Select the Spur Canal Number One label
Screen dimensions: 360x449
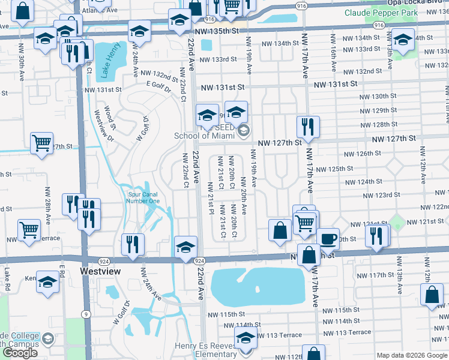pyautogui.click(x=143, y=197)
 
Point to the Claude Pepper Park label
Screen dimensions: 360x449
pyautogui.click(x=381, y=13)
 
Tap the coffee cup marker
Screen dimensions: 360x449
pyautogui.click(x=328, y=238)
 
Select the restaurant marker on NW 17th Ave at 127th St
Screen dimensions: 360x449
pyautogui.click(x=307, y=127)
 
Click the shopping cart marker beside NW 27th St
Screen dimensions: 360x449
pyautogui.click(x=41, y=143)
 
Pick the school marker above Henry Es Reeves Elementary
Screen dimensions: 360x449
pyautogui.click(x=246, y=338)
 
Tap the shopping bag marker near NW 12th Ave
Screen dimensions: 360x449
pyautogui.click(x=432, y=295)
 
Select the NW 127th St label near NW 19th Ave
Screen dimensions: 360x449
pyautogui.click(x=280, y=143)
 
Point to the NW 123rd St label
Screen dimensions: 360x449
pyautogui.click(x=381, y=195)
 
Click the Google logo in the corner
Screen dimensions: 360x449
pyautogui.click(x=20, y=353)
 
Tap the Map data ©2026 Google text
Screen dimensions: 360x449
pyautogui.click(x=411, y=355)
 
